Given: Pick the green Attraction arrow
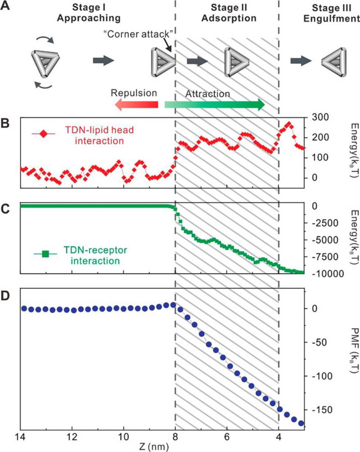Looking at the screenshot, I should [x=215, y=105].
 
